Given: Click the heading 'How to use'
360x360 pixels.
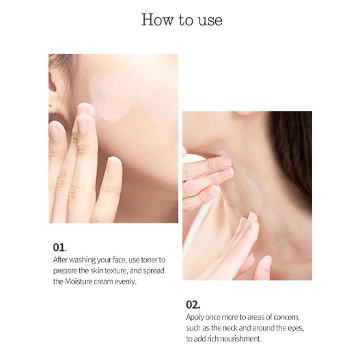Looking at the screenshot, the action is click(x=182, y=20).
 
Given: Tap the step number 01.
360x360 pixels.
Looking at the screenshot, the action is click(x=59, y=247).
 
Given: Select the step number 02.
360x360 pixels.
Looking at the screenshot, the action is click(x=193, y=305).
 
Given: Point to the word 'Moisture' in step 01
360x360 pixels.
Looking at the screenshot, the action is click(x=79, y=281).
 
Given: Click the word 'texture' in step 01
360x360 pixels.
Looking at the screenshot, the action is click(x=116, y=271).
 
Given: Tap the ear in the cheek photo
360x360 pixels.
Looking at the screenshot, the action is click(x=53, y=92).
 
